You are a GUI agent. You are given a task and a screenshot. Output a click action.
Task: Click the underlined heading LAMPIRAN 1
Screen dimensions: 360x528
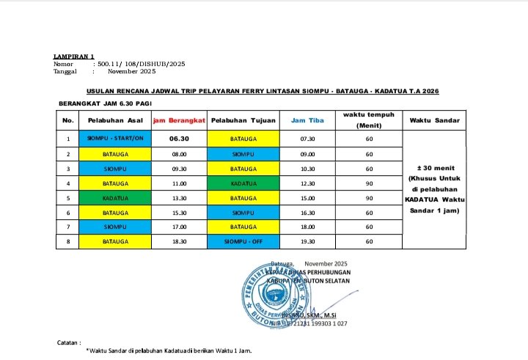(x=74, y=56)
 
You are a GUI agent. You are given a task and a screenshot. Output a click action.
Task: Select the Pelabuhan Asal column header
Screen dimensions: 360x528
(x=114, y=120)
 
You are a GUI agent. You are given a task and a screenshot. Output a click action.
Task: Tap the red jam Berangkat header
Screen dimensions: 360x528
(x=179, y=120)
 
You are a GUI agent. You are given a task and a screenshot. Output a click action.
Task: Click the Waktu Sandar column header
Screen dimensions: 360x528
(x=430, y=120)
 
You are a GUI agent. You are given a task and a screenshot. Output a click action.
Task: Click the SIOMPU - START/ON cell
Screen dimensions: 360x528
(x=114, y=138)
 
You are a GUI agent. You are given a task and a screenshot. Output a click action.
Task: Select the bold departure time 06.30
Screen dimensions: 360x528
(x=179, y=138)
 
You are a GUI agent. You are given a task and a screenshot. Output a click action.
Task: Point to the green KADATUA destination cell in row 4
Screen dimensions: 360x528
(x=243, y=183)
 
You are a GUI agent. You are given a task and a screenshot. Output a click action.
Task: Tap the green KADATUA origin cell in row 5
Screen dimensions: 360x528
(x=114, y=198)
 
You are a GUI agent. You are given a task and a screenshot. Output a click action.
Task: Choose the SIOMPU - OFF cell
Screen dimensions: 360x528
(x=243, y=241)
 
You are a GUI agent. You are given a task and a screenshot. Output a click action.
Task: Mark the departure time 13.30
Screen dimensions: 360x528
(x=179, y=198)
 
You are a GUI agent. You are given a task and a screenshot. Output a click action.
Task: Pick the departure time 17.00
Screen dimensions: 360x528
(x=179, y=227)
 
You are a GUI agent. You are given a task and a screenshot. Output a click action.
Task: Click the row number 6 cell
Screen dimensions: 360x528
(x=67, y=213)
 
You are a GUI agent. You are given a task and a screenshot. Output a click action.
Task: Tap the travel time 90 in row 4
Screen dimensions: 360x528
(x=369, y=183)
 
